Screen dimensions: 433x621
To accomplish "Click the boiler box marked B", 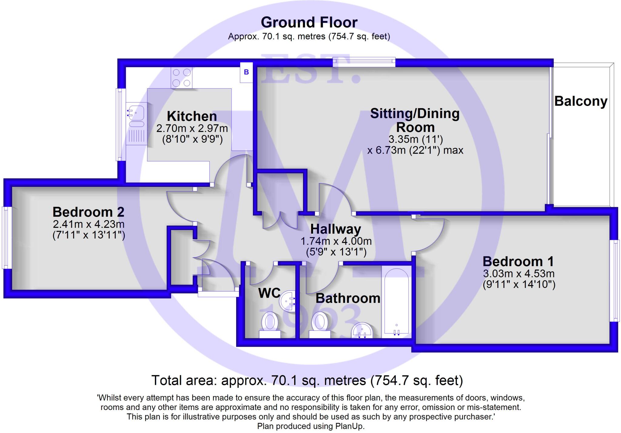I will (246, 72).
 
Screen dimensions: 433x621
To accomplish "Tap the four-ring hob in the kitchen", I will (181, 78).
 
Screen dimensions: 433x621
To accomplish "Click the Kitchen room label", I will (192, 116).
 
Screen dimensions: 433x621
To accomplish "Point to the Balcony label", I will (581, 101).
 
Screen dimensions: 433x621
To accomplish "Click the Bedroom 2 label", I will (88, 212).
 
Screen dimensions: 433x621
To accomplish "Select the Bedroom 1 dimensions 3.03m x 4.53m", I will (519, 274).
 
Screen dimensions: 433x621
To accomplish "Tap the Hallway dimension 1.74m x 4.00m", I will (336, 241).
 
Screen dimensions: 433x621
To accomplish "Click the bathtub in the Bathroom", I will (396, 303).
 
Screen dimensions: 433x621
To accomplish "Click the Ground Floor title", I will (309, 22).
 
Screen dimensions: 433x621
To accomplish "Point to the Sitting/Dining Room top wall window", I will (364, 62).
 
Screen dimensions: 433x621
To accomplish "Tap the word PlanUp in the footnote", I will (349, 426).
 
